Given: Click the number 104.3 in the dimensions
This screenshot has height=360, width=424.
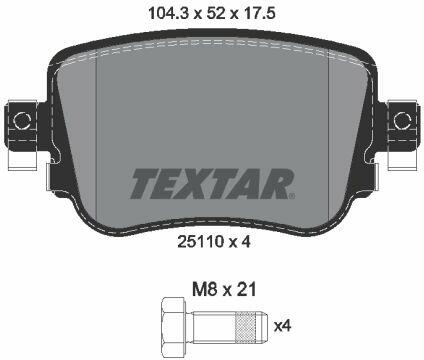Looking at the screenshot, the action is click(x=169, y=14).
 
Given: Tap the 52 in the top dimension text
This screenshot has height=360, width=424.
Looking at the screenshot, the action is click(x=217, y=14).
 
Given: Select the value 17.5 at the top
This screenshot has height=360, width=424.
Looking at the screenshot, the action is click(x=260, y=14).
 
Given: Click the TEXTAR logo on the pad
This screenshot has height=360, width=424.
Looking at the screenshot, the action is click(x=212, y=184).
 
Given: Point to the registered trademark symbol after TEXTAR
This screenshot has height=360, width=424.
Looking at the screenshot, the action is click(x=291, y=196).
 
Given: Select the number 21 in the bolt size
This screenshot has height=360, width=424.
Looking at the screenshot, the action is click(x=247, y=289).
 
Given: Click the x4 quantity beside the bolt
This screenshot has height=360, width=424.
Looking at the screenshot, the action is click(x=282, y=326).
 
